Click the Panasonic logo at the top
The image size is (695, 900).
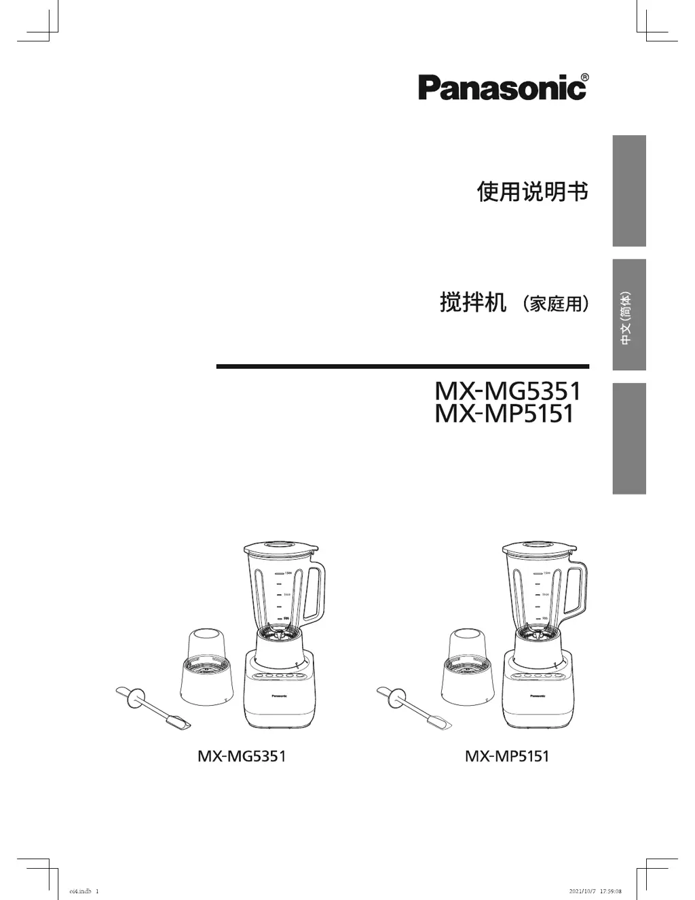[501, 88]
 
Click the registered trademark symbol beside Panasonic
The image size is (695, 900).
[584, 77]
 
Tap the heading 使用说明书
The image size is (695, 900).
[532, 192]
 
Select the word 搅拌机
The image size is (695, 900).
[472, 302]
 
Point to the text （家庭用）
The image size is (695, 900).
[555, 304]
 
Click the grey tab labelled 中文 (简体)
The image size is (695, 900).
[628, 314]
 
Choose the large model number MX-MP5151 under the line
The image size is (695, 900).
[504, 413]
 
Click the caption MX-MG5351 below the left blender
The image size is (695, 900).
[242, 756]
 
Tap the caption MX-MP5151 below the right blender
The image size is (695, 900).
[507, 756]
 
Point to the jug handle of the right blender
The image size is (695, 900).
[577, 592]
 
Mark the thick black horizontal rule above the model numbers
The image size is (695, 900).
[402, 367]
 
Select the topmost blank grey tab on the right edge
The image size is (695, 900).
[628, 191]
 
